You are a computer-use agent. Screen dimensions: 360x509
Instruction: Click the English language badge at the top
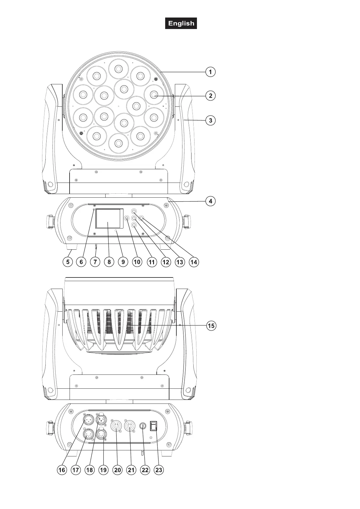point(181,23)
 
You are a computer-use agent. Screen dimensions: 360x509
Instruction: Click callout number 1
point(210,72)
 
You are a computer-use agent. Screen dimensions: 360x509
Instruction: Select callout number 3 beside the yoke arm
point(210,120)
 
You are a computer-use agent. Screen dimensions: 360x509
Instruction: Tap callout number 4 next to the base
point(210,201)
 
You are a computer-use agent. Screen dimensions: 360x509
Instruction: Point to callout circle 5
point(68,262)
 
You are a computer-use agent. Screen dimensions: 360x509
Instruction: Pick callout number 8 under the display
point(109,262)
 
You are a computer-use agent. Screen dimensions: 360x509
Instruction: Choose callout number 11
point(152,262)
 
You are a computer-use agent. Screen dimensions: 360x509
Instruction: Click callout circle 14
point(194,262)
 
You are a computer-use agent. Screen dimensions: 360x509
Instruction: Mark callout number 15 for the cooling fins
point(211,326)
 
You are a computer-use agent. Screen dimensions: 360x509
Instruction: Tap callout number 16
point(62,470)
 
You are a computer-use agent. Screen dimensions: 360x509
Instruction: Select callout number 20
point(117,470)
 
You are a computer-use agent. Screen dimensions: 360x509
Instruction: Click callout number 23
point(159,470)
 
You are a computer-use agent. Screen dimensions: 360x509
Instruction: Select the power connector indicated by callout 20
point(116,426)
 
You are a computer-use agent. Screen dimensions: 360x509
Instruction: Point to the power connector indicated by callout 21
point(130,426)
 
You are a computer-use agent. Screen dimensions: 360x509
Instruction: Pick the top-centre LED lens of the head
point(118,69)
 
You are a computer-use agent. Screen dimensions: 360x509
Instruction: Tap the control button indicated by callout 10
point(127,218)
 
